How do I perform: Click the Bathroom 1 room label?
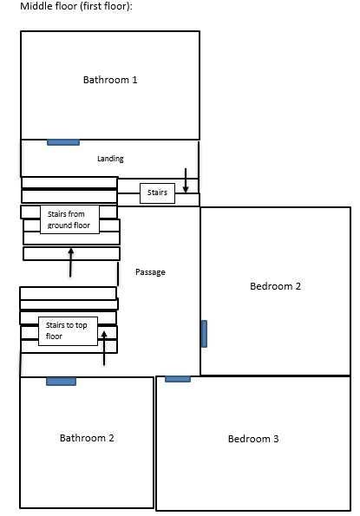point(110,80)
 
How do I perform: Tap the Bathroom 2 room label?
point(87,438)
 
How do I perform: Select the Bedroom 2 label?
point(275,286)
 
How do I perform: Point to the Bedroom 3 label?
point(253,439)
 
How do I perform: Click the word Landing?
point(110,159)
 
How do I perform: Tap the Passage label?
point(150,272)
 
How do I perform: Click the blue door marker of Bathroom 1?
point(63,142)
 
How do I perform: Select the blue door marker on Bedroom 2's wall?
point(204,334)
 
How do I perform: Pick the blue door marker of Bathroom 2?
point(62,382)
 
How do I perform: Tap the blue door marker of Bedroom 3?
point(178,379)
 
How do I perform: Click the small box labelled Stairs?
point(157,193)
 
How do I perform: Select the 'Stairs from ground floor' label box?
point(69,219)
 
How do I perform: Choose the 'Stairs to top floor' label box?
point(69,331)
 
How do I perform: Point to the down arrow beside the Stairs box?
point(186,180)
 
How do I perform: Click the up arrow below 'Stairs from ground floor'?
point(70,263)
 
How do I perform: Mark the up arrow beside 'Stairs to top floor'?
point(104,348)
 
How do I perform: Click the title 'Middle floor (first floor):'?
point(76,6)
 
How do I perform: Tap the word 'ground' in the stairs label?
point(57,225)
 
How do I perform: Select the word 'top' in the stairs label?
point(81,326)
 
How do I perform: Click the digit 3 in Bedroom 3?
point(276,439)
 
